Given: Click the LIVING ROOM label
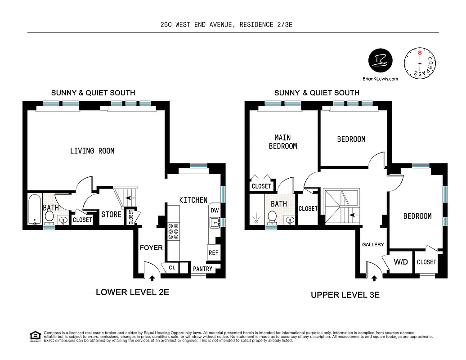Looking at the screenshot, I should [92, 151].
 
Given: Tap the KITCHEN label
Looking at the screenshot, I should [193, 200].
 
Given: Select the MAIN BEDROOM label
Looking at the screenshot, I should [283, 142].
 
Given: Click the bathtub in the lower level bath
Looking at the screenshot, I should [34, 210].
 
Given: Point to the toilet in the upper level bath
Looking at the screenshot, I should [272, 217].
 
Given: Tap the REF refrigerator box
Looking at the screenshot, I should [213, 253].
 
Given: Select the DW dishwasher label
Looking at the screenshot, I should [214, 211].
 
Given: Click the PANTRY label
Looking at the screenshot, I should [202, 269].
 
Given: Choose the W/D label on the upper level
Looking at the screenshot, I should [401, 261].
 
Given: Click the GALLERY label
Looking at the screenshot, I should [373, 244].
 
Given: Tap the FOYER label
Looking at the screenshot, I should [151, 247].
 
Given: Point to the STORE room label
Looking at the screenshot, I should [111, 214].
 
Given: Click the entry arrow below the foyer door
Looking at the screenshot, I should [152, 279].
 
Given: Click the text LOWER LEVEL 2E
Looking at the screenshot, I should [132, 292].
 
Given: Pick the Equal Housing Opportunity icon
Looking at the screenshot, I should [34, 336].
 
